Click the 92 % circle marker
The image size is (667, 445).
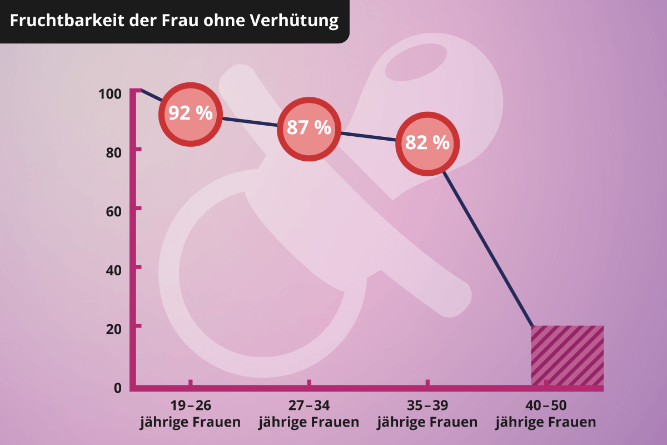click(191, 114)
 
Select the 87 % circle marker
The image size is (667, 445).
click(308, 128)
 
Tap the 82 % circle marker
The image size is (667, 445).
click(427, 143)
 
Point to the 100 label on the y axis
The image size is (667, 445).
click(110, 93)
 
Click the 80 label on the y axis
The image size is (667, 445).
click(113, 152)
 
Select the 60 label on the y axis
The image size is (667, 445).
click(113, 211)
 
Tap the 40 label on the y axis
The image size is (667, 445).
click(113, 270)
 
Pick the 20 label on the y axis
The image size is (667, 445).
click(113, 329)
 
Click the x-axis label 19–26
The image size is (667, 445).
click(190, 405)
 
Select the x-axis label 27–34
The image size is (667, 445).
click(308, 405)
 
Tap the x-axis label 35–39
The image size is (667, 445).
click(427, 405)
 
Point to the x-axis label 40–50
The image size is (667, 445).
click(545, 405)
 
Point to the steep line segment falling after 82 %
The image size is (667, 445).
click(489, 250)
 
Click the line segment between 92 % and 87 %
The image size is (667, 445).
click(250, 121)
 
